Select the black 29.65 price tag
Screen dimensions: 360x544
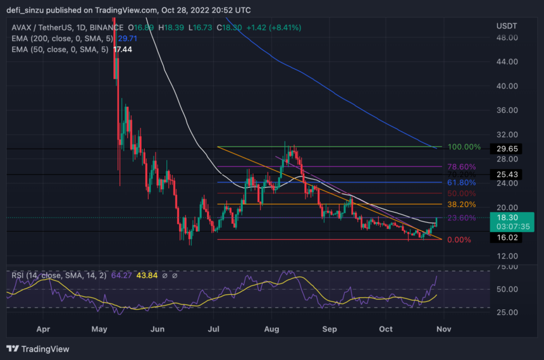(x=505, y=149)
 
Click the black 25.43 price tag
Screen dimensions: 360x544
(x=505, y=174)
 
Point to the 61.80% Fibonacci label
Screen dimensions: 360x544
(x=462, y=182)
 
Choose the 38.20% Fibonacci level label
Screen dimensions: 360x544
(x=462, y=204)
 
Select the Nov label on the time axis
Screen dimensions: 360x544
(x=443, y=329)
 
